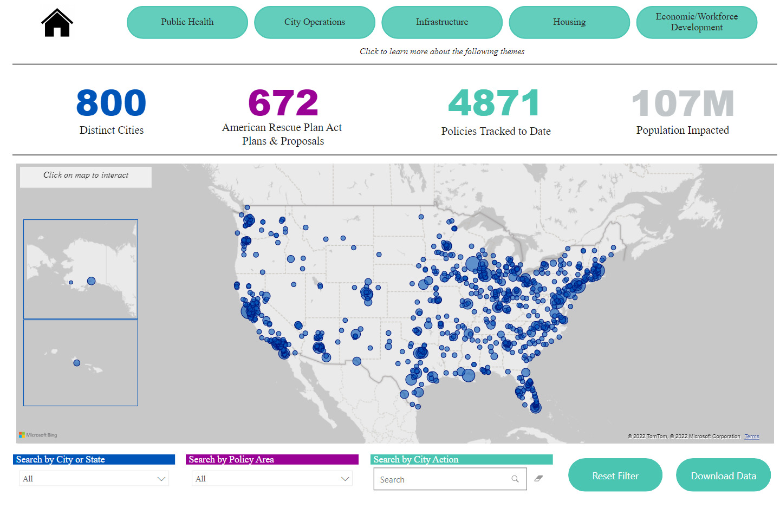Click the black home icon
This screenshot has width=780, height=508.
57,23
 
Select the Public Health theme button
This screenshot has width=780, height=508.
187,22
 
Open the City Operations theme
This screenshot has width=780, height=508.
315,22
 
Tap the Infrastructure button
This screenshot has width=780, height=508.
442,22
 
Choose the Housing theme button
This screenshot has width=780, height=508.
570,22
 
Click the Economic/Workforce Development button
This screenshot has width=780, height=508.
697,22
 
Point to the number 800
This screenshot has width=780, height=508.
111,102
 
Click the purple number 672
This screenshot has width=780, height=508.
283,102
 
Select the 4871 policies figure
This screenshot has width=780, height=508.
494,102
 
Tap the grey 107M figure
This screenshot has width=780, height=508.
683,103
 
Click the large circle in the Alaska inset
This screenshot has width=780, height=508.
91,281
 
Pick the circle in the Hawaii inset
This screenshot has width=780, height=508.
77,363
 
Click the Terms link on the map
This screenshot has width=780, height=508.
752,437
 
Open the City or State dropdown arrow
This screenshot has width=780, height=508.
161,479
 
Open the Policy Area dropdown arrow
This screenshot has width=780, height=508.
345,479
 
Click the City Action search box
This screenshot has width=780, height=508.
450,479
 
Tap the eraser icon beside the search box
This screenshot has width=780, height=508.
538,478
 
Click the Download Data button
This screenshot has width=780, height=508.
724,476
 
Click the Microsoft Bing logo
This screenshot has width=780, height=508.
38,435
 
